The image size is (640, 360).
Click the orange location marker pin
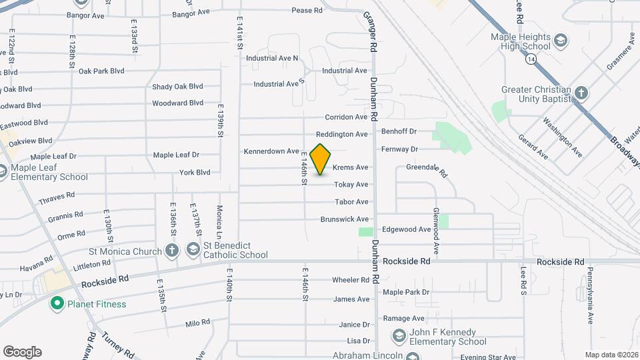click(321, 159)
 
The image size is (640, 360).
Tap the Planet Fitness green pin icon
click(57, 304)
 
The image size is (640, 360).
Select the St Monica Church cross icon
click(172, 251)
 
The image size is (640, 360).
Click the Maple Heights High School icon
click(561, 41)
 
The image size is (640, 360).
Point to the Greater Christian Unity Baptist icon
click(581, 93)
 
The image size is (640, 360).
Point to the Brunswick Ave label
click(344, 219)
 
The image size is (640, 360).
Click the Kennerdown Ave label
click(271, 151)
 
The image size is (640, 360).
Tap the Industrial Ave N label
click(272, 58)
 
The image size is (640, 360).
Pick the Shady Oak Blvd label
click(177, 87)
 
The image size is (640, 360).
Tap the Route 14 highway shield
click(529, 59)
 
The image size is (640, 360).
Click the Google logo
click(22, 352)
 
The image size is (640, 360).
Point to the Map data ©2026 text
click(611, 355)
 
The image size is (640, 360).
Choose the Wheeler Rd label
click(351, 280)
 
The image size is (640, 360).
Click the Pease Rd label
click(307, 10)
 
